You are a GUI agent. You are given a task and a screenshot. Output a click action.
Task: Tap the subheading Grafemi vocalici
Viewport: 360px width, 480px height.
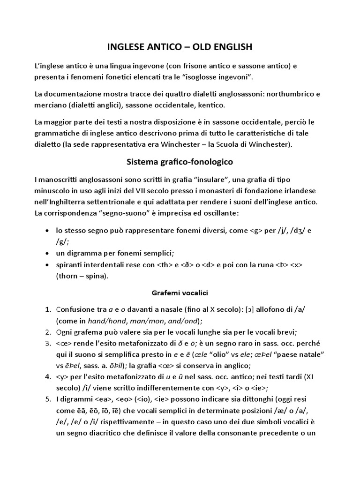[x=180, y=292]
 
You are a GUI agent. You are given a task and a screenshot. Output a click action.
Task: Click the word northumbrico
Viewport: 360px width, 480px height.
[x=283, y=94]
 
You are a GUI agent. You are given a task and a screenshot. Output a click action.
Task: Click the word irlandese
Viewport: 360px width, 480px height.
[x=299, y=191]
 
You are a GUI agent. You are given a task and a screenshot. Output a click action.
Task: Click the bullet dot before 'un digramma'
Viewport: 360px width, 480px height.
[x=46, y=253]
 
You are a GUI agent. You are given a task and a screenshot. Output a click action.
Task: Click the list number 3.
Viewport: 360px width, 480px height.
[x=48, y=343]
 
